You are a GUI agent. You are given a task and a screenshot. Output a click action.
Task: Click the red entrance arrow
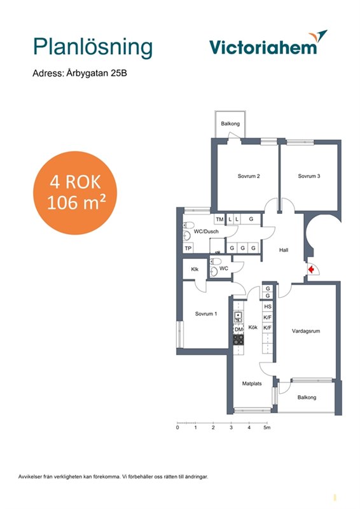click(311, 269)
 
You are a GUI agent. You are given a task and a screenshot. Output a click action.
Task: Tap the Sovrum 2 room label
click(249, 176)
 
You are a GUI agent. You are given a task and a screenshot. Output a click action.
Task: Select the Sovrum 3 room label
click(309, 176)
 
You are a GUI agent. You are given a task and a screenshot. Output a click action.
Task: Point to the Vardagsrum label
click(306, 331)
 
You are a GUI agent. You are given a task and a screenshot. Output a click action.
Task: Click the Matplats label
click(252, 384)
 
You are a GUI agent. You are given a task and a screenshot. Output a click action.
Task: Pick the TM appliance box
click(220, 220)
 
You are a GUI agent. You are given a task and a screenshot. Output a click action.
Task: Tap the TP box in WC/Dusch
click(188, 248)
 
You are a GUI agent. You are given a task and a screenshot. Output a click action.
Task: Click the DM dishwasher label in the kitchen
click(239, 330)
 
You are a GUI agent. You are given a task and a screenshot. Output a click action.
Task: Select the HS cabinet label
click(268, 307)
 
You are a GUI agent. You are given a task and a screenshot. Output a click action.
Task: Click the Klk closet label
click(195, 269)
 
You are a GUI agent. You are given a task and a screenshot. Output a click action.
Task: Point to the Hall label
click(284, 250)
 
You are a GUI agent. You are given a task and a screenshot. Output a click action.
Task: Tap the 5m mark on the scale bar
click(267, 428)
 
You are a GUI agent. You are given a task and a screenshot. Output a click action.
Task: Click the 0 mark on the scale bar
click(177, 428)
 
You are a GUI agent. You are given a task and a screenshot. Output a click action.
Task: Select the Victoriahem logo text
click(263, 47)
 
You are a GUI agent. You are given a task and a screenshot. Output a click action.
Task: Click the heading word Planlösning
click(93, 47)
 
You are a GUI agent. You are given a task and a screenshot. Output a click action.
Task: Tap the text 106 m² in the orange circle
click(76, 203)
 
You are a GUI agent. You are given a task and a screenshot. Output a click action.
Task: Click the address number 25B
click(119, 73)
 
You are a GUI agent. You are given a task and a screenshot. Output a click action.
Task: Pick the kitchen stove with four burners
click(239, 339)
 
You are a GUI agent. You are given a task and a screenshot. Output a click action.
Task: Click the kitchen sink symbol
click(239, 316)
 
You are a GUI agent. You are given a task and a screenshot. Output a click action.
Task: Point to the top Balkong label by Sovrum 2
click(230, 123)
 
